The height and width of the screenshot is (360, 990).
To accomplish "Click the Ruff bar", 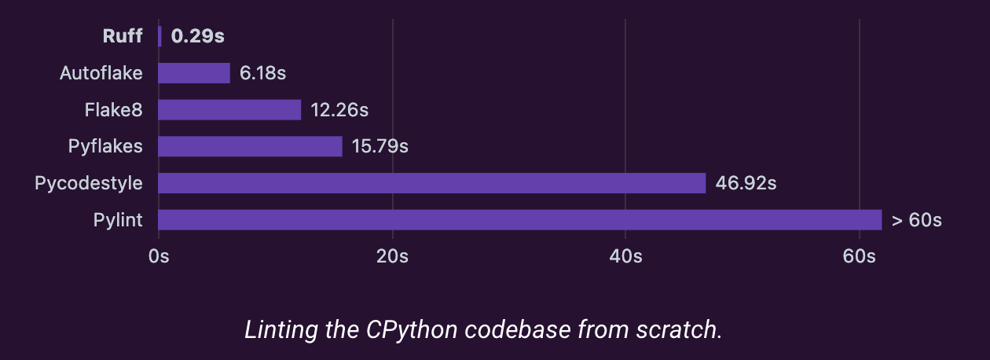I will coord(159,36).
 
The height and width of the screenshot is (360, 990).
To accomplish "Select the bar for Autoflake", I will coord(194,73).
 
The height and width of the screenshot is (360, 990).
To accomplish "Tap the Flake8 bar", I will coord(229,110).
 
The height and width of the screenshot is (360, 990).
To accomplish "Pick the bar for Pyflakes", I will coord(250,146).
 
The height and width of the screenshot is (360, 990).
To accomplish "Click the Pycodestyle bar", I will coord(432,183).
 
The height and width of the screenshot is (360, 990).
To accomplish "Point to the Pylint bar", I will coord(520,219).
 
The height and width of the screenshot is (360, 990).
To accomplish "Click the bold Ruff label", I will coord(123,36).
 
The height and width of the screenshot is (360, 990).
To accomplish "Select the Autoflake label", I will coord(101,73).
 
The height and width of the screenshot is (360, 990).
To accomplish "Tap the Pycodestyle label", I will coord(89,183).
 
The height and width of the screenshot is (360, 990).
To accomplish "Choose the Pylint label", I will coord(118,219).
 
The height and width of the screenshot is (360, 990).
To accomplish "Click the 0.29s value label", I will coord(192,36).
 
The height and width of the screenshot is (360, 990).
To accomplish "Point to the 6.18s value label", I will coord(262,73).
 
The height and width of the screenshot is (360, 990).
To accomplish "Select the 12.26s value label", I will coord(339,110).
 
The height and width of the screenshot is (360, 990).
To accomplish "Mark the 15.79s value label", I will coord(380,146).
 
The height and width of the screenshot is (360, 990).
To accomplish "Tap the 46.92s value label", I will coord(746,183).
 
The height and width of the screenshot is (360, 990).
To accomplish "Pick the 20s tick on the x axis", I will coord(392,256).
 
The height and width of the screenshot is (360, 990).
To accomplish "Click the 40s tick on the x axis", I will coord(625,256).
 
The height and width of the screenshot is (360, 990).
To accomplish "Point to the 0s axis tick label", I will coord(159,256).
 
